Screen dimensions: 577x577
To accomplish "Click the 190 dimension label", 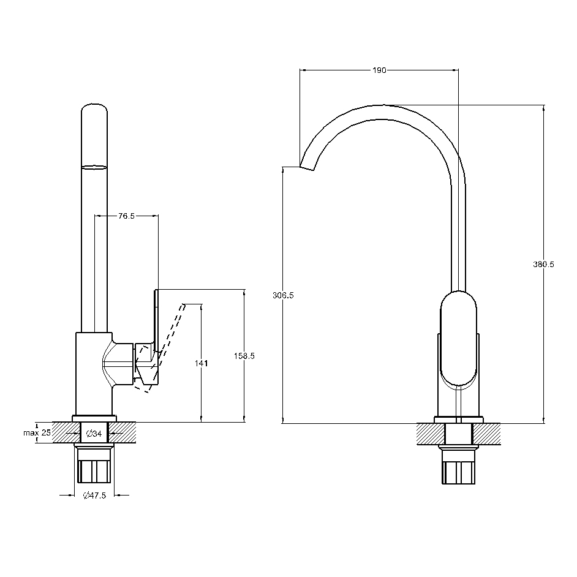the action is coord(379,70).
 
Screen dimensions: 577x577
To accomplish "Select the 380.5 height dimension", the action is coord(543,264).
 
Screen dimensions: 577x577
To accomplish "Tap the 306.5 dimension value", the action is coord(283,295).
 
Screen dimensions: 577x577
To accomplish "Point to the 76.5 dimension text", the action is coord(126,216).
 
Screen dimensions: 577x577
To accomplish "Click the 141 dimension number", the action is coord(202,363).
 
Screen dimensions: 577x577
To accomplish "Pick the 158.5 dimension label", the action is coord(244,356).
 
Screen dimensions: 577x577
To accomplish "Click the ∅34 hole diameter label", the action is coord(94,434).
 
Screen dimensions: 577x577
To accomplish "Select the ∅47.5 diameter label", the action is coord(94,496).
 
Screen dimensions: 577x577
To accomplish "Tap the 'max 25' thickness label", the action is coord(37,432).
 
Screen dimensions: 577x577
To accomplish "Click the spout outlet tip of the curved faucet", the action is coord(307,168).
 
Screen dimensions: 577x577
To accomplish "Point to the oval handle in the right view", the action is coord(459,339).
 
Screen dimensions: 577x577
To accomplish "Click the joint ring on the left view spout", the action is coord(94,167).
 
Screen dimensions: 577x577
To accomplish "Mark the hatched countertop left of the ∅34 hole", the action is coord(66,432).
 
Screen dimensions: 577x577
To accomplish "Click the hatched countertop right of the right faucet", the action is coord(487,434).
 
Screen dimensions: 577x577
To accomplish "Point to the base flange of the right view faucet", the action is coord(459,420).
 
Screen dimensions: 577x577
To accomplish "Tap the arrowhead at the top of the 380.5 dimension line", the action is coord(544,107).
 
